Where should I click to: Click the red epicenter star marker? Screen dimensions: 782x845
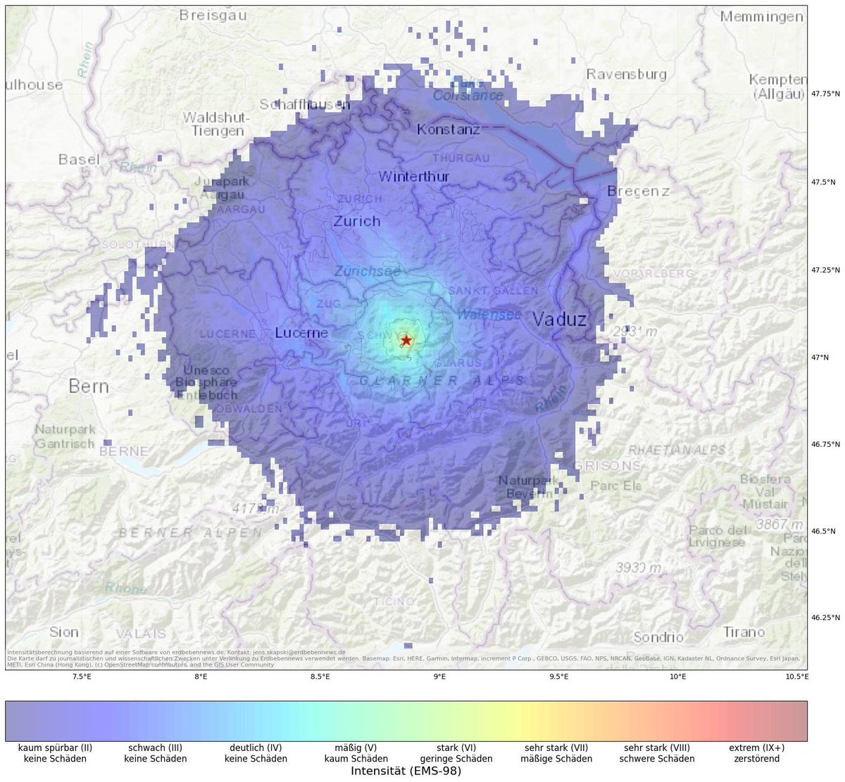click(x=406, y=340)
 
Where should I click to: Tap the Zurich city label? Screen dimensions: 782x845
click(x=357, y=221)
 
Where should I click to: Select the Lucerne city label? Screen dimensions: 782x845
click(x=301, y=332)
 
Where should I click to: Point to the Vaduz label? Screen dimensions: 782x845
click(x=559, y=320)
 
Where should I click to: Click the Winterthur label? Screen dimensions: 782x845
click(x=414, y=177)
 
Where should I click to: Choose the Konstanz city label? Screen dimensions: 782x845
click(x=449, y=130)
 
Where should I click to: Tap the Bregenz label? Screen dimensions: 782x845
click(x=638, y=191)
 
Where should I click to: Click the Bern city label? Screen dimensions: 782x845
click(x=89, y=386)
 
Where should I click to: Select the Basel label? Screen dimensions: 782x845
click(x=79, y=160)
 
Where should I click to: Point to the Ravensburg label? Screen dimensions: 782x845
click(x=627, y=73)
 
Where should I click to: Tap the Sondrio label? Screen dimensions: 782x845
click(x=658, y=637)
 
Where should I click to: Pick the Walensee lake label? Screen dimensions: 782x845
click(x=489, y=315)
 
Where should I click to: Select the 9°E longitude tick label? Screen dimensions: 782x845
click(x=439, y=677)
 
